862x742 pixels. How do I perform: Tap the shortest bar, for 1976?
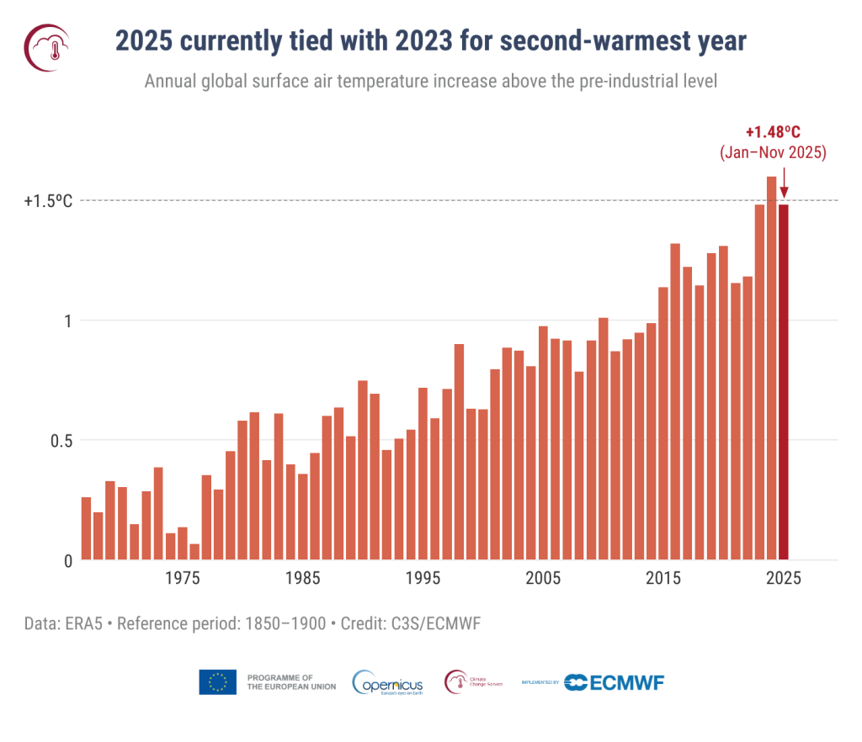pyautogui.click(x=194, y=552)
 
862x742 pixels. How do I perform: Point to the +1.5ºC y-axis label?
pyautogui.click(x=49, y=201)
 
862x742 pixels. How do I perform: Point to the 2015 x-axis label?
pyautogui.click(x=663, y=579)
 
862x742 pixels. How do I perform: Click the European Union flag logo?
pyautogui.click(x=217, y=681)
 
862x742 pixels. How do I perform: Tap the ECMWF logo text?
pyautogui.click(x=614, y=681)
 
